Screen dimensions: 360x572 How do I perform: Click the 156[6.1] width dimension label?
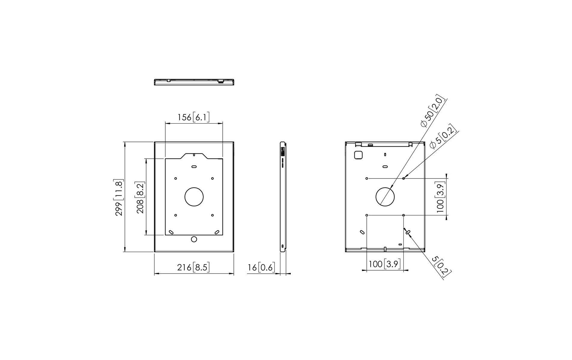tap(193, 117)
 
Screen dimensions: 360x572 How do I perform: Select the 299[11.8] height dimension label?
tap(119, 197)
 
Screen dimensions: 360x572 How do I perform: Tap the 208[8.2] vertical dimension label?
tap(140, 197)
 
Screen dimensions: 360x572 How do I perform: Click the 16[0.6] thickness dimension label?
tap(261, 267)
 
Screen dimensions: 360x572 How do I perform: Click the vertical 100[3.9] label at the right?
tap(440, 197)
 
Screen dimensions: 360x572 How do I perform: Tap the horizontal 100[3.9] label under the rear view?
tap(384, 264)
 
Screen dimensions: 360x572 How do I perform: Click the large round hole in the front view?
tap(194, 197)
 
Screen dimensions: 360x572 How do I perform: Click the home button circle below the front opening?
tap(194, 239)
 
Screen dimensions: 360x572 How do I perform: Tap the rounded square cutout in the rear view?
tap(358, 155)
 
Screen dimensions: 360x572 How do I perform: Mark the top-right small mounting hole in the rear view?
tap(403, 178)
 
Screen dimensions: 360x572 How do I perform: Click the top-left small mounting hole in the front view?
tap(176, 178)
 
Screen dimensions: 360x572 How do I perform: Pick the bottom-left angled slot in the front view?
tap(171, 232)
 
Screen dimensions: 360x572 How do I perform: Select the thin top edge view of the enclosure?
tap(194, 82)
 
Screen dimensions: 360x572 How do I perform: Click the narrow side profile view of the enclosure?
tap(283, 196)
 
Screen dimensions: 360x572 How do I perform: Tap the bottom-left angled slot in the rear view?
tap(362, 232)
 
